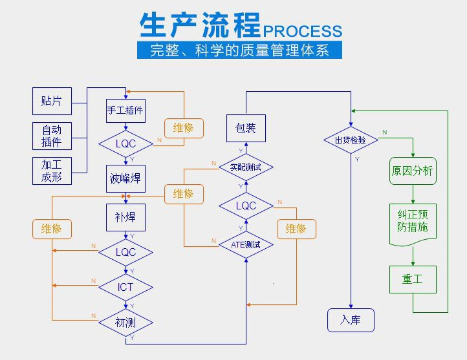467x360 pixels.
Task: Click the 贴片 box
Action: pyautogui.click(x=52, y=100)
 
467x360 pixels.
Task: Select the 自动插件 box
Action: pyautogui.click(x=52, y=135)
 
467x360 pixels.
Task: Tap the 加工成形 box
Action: pyautogui.click(x=52, y=171)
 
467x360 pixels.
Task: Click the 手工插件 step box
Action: pyautogui.click(x=125, y=110)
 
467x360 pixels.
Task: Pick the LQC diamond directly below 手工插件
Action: pyautogui.click(x=125, y=143)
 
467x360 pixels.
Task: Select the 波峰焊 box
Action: pyautogui.click(x=125, y=178)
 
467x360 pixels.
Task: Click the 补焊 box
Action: pyautogui.click(x=125, y=217)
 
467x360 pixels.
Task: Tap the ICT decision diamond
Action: pyautogui.click(x=125, y=286)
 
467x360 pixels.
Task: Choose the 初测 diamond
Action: pyautogui.click(x=125, y=321)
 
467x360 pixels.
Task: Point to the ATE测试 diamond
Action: pyautogui.click(x=246, y=244)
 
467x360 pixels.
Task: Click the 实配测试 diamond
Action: pyautogui.click(x=246, y=167)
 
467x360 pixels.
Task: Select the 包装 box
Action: pyautogui.click(x=246, y=128)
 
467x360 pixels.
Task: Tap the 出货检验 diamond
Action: pyautogui.click(x=350, y=140)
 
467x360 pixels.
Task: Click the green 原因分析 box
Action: pyautogui.click(x=413, y=171)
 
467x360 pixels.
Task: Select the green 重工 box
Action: pyautogui.click(x=413, y=279)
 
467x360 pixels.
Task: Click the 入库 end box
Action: pyautogui.click(x=350, y=320)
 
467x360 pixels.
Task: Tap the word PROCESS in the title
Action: pyautogui.click(x=302, y=30)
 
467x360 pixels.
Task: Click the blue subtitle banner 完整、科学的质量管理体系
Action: pyautogui.click(x=239, y=50)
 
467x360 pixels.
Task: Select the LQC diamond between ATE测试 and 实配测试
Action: pyautogui.click(x=246, y=206)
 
